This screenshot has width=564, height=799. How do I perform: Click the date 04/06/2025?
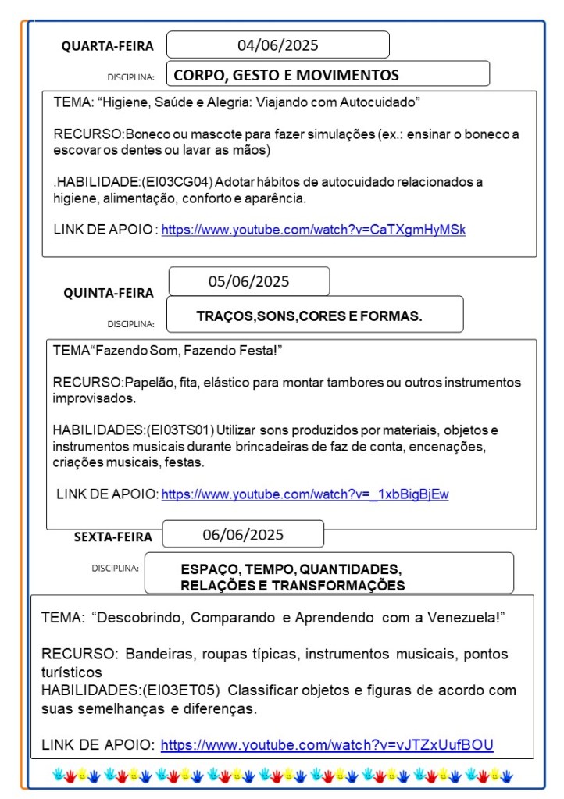tap(277, 45)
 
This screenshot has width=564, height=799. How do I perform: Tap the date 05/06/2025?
tap(248, 281)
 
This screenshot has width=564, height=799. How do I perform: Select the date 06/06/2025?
tap(243, 535)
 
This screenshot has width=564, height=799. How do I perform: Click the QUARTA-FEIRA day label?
tap(108, 46)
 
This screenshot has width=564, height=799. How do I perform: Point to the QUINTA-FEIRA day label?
tap(109, 293)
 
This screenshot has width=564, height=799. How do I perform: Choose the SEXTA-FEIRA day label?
tap(113, 537)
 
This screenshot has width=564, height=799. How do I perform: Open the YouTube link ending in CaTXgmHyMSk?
tap(313, 230)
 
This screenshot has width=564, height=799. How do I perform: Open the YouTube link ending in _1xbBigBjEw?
tap(305, 494)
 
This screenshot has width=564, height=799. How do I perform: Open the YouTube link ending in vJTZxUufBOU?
tap(327, 744)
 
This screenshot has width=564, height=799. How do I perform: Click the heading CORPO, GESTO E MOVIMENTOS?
tap(286, 75)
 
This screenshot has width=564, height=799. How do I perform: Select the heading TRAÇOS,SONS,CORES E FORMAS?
tap(309, 316)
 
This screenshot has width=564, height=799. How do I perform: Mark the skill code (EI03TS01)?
tap(180, 430)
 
